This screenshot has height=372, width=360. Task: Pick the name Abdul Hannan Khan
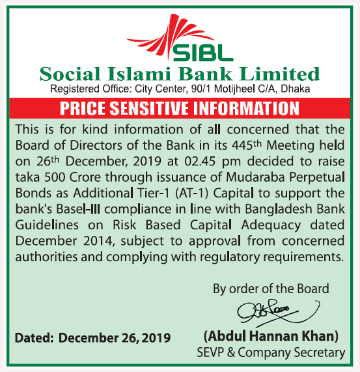271,337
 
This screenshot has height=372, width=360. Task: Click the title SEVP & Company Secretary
271,352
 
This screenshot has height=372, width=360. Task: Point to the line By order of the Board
271,288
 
